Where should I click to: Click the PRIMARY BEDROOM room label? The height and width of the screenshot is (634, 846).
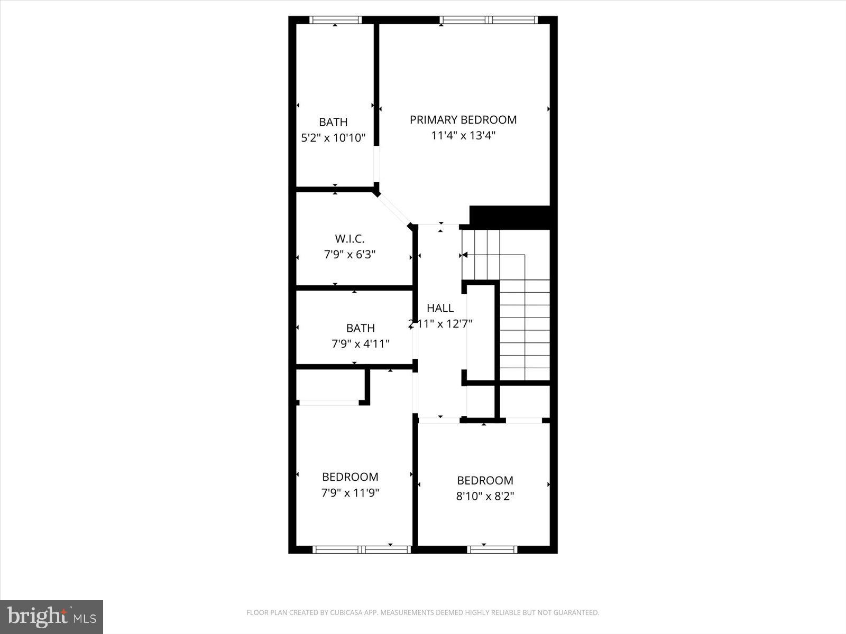coord(463,120)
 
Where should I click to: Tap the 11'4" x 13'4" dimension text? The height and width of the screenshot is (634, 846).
coord(463,136)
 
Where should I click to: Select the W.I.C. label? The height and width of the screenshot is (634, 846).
coord(350,239)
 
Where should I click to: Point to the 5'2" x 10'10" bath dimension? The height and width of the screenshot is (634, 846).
coord(333,138)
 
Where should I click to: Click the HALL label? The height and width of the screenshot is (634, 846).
coord(440,308)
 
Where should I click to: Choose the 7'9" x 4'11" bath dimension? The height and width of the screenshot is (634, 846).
coord(361,344)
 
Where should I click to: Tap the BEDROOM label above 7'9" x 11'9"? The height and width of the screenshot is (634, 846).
coord(350,477)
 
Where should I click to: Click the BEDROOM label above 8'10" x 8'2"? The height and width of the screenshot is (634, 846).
coord(485,481)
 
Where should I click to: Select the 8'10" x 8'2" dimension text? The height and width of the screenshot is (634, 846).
coord(485,497)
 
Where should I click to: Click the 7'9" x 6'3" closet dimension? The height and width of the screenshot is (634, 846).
coord(350,255)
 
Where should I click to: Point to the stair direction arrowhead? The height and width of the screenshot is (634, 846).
coord(465,255)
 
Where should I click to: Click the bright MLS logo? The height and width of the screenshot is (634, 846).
coord(51,617)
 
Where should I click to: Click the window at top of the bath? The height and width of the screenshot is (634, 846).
coord(335,20)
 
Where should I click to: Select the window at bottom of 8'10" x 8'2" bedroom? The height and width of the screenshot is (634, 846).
coord(492,549)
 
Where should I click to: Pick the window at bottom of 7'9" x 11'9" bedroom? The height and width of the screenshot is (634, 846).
coord(362,549)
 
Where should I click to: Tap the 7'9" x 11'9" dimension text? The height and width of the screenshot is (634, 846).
coord(350,493)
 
